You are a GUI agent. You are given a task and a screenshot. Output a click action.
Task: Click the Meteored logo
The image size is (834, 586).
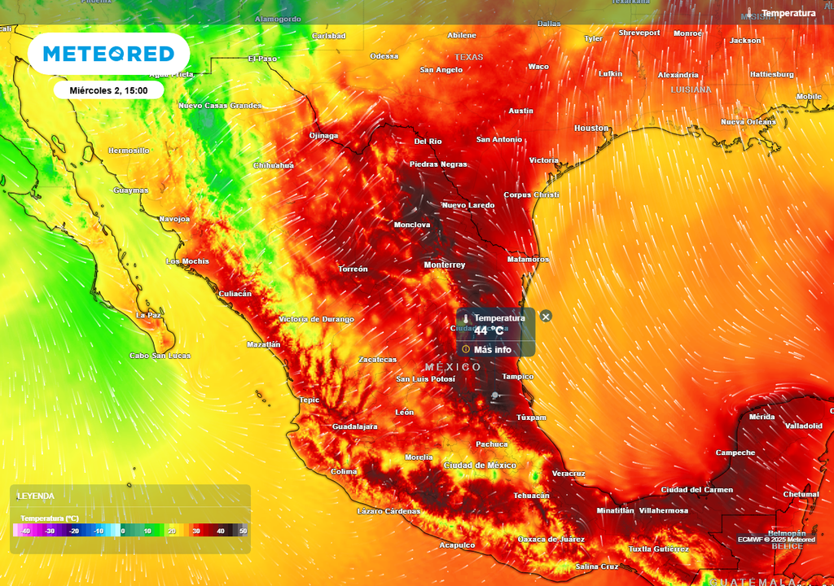coord(108,54)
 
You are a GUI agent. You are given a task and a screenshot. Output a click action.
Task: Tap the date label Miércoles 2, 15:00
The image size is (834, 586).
coord(108,90)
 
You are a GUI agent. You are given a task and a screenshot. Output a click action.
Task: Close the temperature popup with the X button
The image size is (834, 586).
coord(546,316)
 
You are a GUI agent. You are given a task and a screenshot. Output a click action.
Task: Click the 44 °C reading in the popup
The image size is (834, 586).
coord(489,331)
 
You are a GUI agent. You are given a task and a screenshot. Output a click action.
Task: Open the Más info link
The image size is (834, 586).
coord(492,350)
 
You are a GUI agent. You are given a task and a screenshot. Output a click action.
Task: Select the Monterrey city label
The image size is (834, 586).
coord(445,265)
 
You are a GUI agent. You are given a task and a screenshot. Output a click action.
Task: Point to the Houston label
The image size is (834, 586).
coord(591,129)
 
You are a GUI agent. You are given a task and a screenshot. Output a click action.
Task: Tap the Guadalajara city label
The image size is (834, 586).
coord(355,426)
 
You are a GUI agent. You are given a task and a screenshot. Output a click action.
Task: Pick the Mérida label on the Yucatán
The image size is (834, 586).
coord(762,417)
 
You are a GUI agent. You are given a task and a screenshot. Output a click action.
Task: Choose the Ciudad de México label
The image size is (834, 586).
coord(480,465)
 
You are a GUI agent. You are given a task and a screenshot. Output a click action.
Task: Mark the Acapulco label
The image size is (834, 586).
coord(457,545)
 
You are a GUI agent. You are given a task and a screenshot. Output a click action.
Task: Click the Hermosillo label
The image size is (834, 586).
coord(129,151)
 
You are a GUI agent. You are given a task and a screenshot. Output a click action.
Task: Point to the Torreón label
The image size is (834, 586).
coord(353,269)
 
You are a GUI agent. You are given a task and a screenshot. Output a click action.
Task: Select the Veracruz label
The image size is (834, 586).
coord(568,474)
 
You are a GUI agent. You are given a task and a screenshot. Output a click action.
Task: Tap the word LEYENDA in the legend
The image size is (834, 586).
coord(36,496)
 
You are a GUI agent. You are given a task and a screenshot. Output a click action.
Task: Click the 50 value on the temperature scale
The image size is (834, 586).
coord(243,531)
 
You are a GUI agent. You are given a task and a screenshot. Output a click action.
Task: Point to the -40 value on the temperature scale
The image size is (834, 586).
coord(26,531)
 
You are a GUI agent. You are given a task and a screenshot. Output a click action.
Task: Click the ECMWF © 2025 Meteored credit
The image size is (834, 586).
coord(776,540)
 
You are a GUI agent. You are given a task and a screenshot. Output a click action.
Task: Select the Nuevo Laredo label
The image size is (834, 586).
coord(468,205)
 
